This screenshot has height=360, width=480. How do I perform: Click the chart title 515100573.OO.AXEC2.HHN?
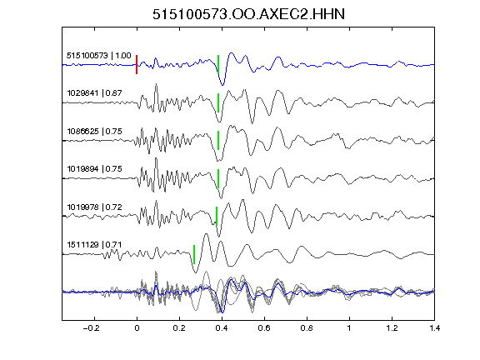pyautogui.click(x=248, y=14)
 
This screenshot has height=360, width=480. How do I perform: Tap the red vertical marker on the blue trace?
pyautogui.click(x=137, y=65)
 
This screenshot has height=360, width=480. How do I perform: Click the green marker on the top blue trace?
pyautogui.click(x=218, y=65)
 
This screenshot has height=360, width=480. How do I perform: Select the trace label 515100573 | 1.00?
pyautogui.click(x=99, y=56)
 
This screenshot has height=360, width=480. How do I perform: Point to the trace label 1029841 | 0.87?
pyautogui.click(x=95, y=93)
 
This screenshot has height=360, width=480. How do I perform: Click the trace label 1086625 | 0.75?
pyautogui.click(x=95, y=132)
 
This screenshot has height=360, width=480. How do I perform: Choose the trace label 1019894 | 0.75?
pyautogui.click(x=95, y=169)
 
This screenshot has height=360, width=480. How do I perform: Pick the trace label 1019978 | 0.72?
pyautogui.click(x=95, y=207)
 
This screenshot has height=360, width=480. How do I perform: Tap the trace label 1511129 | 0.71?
pyautogui.click(x=95, y=245)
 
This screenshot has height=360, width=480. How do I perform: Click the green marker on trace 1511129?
pyautogui.click(x=194, y=254)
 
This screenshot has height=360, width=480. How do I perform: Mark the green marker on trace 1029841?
pyautogui.click(x=218, y=102)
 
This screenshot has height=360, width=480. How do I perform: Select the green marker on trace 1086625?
pyautogui.click(x=218, y=141)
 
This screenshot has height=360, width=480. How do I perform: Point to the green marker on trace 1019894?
pyautogui.click(x=218, y=178)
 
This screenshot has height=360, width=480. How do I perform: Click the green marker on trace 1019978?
pyautogui.click(x=217, y=217)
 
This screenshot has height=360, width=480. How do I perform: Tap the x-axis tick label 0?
pyautogui.click(x=137, y=328)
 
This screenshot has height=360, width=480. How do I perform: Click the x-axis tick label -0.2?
pyautogui.click(x=91, y=328)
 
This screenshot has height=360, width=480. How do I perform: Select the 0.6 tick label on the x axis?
pyautogui.click(x=264, y=328)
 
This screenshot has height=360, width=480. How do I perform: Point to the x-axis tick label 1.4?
pyautogui.click(x=434, y=328)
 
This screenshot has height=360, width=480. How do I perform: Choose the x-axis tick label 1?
pyautogui.click(x=349, y=328)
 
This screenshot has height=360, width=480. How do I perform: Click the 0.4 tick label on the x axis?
pyautogui.click(x=222, y=328)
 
